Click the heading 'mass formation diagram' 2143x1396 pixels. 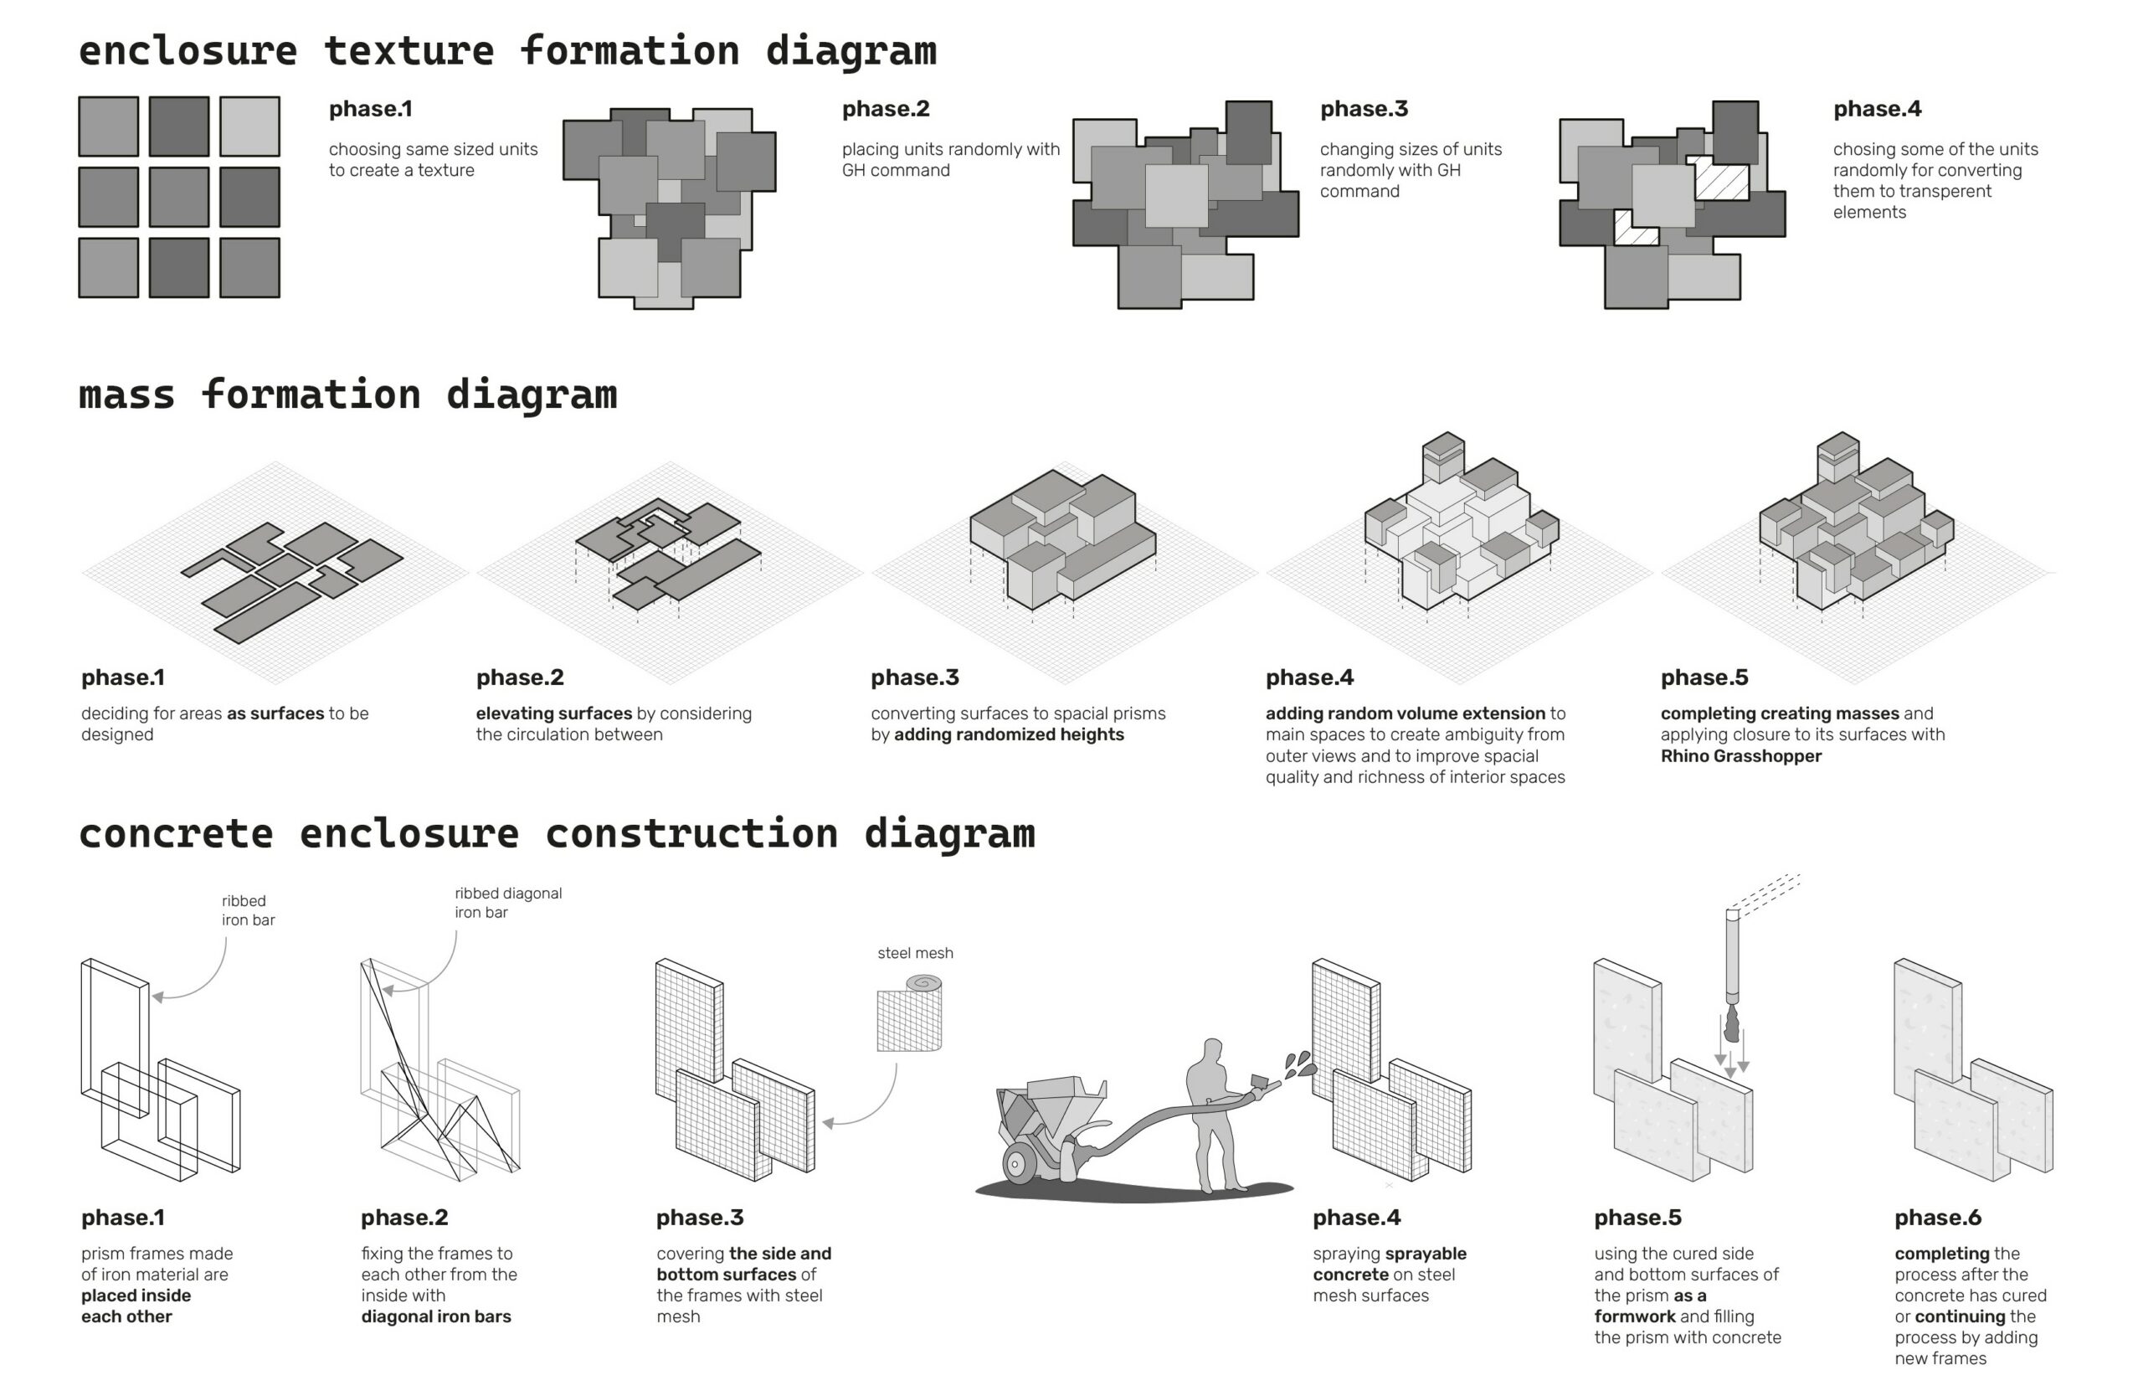point(347,395)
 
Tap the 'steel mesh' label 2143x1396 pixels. point(915,953)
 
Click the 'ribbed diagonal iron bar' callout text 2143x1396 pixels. point(507,903)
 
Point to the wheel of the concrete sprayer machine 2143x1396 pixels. point(1017,1164)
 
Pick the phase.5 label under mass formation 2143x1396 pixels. point(1704,677)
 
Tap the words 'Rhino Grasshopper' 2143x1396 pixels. point(1740,756)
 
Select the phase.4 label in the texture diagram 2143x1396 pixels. point(1877,109)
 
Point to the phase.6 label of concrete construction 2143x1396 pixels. point(1938,1218)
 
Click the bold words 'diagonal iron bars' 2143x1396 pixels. point(436,1316)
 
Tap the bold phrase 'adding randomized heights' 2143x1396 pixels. point(1009,735)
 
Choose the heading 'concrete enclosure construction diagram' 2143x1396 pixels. point(557,834)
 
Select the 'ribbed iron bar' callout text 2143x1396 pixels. point(248,910)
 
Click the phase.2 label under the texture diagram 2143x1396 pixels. point(885,109)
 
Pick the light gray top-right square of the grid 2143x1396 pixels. point(249,127)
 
